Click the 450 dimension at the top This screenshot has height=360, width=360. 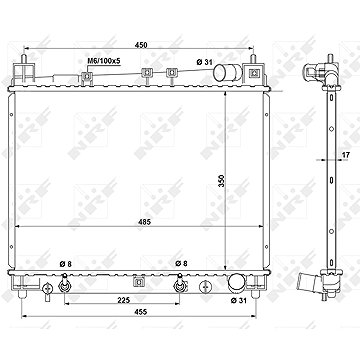pyautogui.click(x=141, y=45)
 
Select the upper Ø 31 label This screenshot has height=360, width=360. pyautogui.click(x=205, y=61)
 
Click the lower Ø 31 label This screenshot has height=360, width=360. pyautogui.click(x=239, y=301)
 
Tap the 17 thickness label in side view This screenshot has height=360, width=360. pyautogui.click(x=345, y=154)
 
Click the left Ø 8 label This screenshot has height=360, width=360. pyautogui.click(x=65, y=264)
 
